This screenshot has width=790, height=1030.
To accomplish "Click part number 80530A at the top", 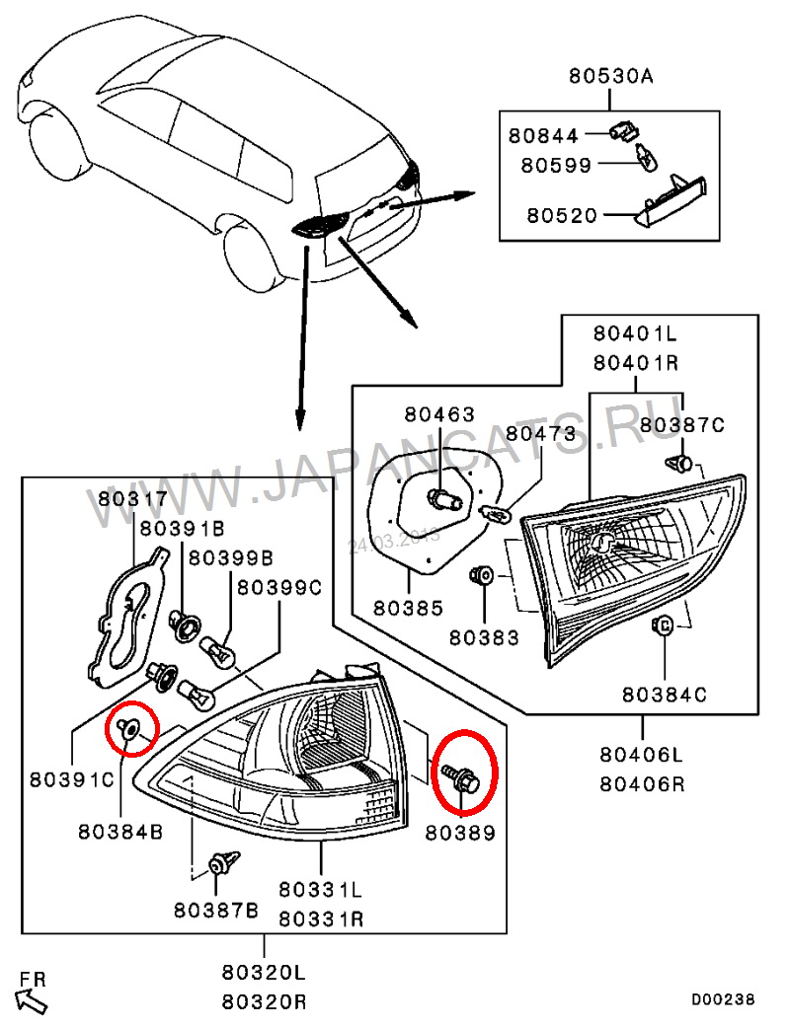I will pyautogui.click(x=607, y=76).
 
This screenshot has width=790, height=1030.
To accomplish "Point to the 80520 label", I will pyautogui.click(x=562, y=214).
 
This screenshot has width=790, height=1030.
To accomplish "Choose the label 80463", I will pyautogui.click(x=437, y=414).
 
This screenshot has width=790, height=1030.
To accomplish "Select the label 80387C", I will pyautogui.click(x=681, y=425).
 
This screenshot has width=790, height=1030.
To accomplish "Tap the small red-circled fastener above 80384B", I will pyautogui.click(x=129, y=728).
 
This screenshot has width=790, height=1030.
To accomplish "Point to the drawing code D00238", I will pyautogui.click(x=722, y=1000).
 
